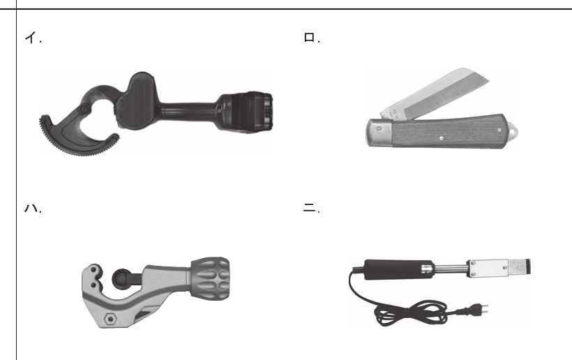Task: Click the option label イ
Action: coord(31,38)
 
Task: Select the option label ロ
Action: coord(309,38)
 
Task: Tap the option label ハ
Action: coord(31,209)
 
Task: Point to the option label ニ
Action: coord(309,209)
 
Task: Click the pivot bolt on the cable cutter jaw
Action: coord(84,109)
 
